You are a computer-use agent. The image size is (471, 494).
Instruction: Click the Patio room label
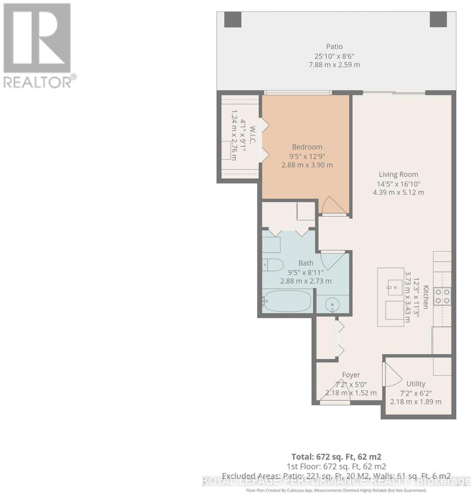click(x=334, y=46)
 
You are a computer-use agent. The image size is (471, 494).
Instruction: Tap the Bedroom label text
click(x=307, y=147)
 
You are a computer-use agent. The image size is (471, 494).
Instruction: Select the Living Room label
click(x=398, y=174)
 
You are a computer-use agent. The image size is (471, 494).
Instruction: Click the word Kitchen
click(x=426, y=297)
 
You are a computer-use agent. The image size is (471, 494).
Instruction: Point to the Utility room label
click(x=416, y=384)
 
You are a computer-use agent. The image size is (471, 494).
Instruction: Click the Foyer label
click(x=351, y=375)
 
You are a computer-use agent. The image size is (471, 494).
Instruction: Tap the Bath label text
click(x=306, y=263)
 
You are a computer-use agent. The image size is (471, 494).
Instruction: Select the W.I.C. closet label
click(x=253, y=135)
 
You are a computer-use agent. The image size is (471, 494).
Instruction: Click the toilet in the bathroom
click(x=273, y=265)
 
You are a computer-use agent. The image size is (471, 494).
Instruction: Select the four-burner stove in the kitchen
click(x=443, y=296)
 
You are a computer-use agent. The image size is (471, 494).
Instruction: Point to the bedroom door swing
click(x=333, y=205)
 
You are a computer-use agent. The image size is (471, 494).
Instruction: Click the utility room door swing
click(x=393, y=375)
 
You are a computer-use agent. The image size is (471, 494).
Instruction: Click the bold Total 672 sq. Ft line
click(x=336, y=457)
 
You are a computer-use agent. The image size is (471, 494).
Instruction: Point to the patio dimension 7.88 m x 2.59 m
click(x=334, y=65)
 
